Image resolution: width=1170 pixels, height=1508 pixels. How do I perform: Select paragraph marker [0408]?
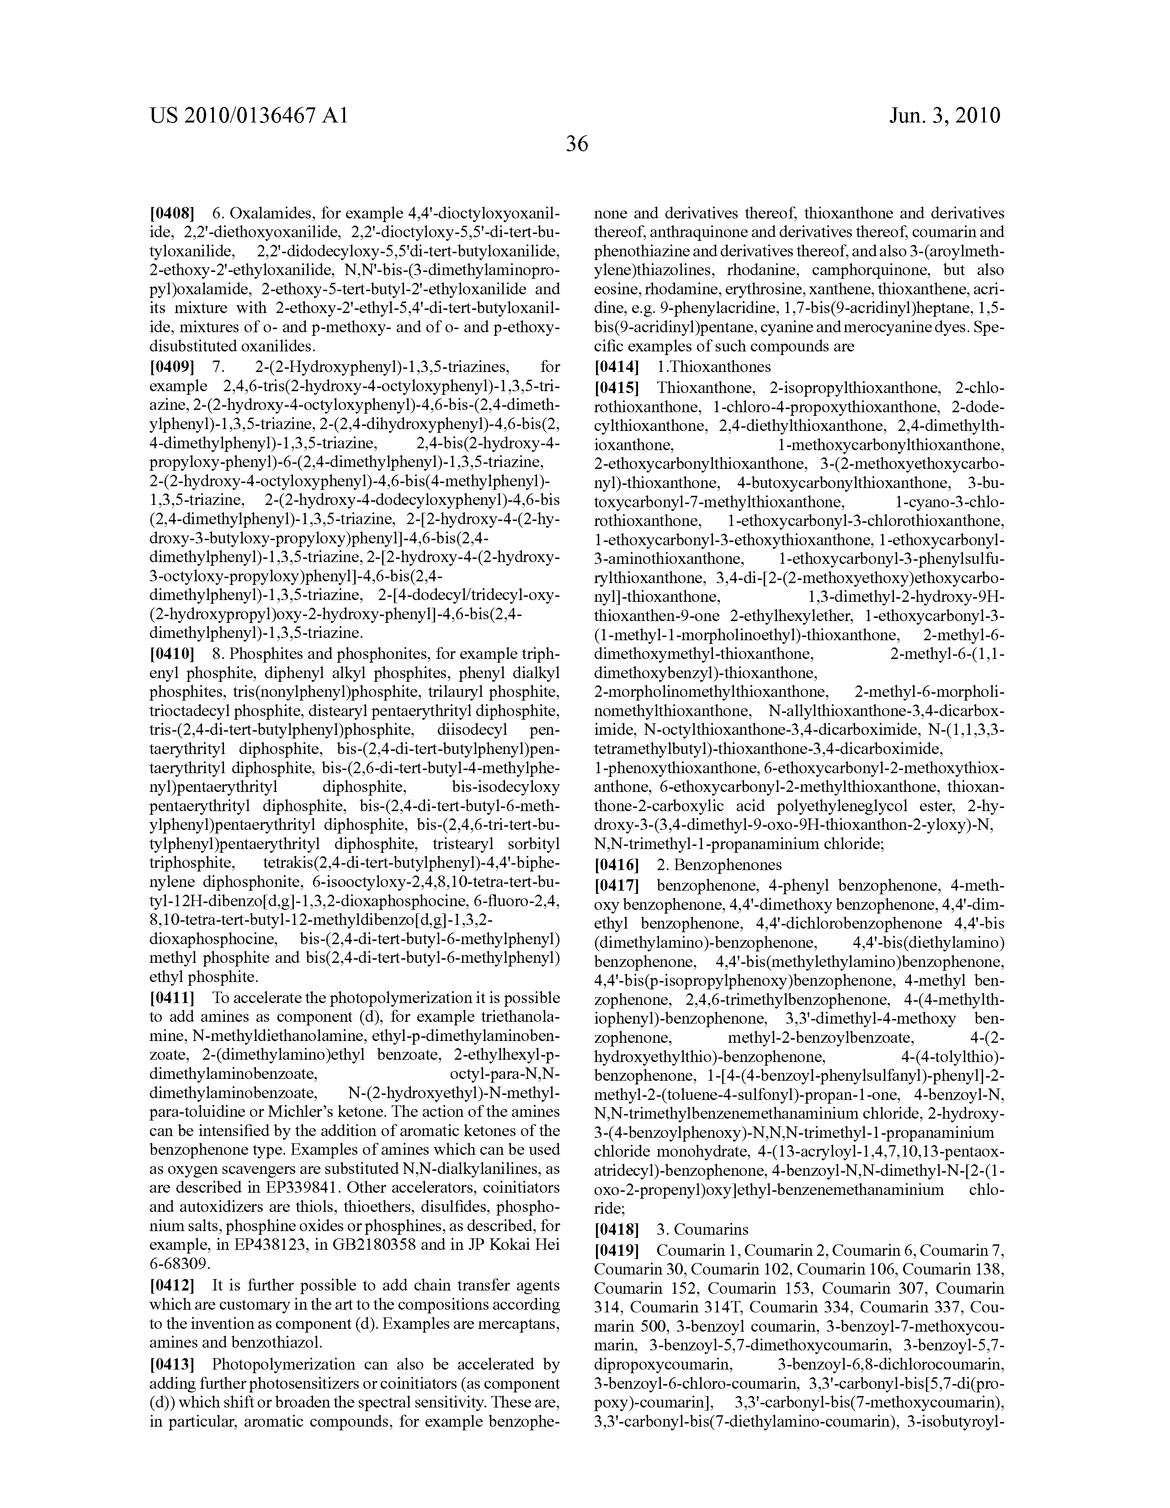tap(172, 212)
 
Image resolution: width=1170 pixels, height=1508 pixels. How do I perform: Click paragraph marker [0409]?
tap(172, 366)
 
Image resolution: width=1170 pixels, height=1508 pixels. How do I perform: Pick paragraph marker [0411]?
tap(172, 998)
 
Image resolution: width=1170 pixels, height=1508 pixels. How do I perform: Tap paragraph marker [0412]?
tap(172, 1285)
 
